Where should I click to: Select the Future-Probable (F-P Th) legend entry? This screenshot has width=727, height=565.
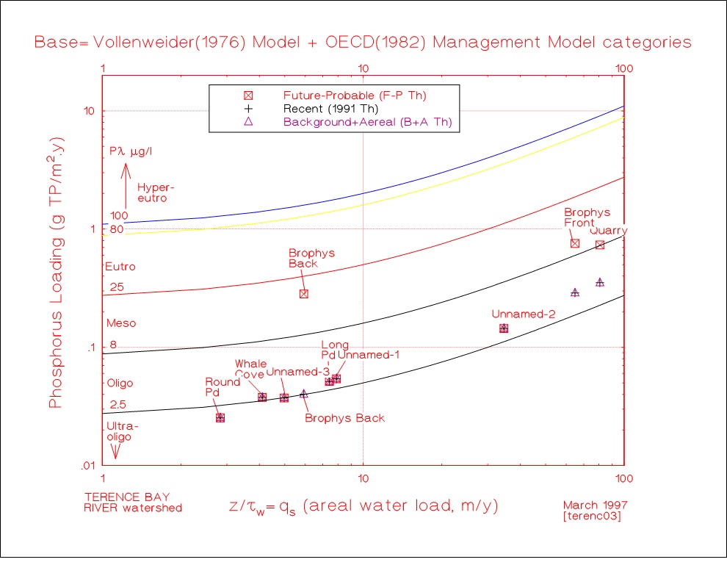355,95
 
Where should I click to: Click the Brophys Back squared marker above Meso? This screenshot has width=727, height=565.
303,294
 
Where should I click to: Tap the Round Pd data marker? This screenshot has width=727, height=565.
220,417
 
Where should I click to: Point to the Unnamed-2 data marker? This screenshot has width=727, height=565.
504,328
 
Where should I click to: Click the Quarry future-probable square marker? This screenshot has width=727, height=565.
600,245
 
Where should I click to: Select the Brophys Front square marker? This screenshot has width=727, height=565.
575,243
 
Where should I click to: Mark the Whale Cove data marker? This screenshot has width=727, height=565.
262,397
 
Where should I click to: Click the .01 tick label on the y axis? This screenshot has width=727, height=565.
87,465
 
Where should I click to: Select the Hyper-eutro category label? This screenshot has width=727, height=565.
152,192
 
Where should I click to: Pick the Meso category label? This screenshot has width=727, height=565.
121,323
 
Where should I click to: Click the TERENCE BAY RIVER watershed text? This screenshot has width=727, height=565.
133,501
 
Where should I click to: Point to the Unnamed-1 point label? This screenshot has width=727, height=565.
368,356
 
